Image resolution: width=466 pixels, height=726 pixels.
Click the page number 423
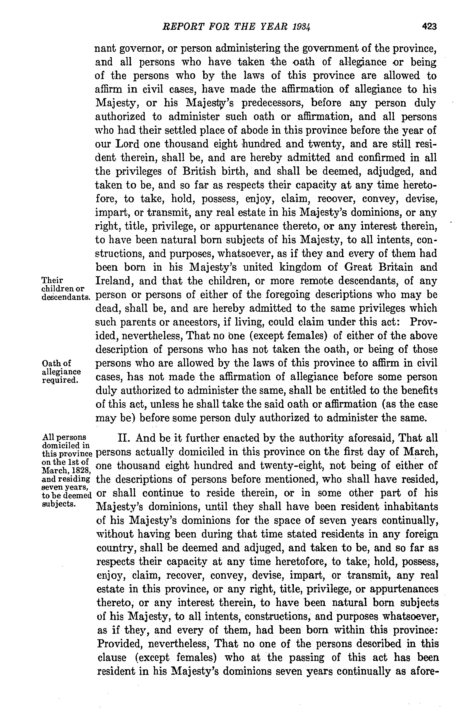(x=429, y=27)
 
